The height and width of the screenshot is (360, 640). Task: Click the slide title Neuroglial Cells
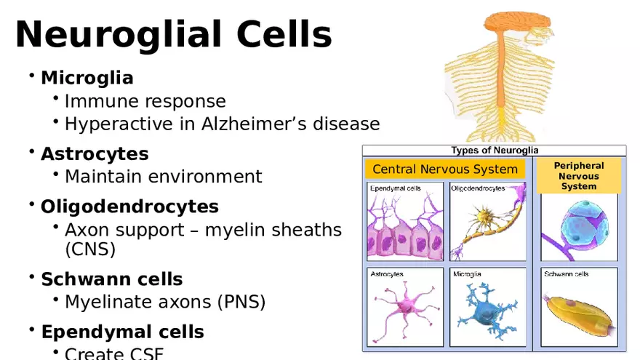click(173, 34)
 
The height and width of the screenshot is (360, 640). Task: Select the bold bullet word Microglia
click(87, 77)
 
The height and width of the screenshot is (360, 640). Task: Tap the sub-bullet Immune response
click(145, 101)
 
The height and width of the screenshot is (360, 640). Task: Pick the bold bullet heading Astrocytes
click(95, 154)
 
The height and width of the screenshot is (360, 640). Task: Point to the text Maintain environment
click(163, 177)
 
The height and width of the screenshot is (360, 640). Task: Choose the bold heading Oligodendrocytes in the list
click(129, 207)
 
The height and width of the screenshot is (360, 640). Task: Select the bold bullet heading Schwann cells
click(111, 279)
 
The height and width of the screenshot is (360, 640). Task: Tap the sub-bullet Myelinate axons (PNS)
click(164, 302)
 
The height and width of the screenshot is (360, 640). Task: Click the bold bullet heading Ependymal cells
click(122, 332)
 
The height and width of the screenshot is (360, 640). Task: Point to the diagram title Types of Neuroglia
click(495, 151)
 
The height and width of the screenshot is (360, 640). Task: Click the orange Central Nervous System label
click(445, 169)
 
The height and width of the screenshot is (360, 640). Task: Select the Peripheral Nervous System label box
click(579, 176)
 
